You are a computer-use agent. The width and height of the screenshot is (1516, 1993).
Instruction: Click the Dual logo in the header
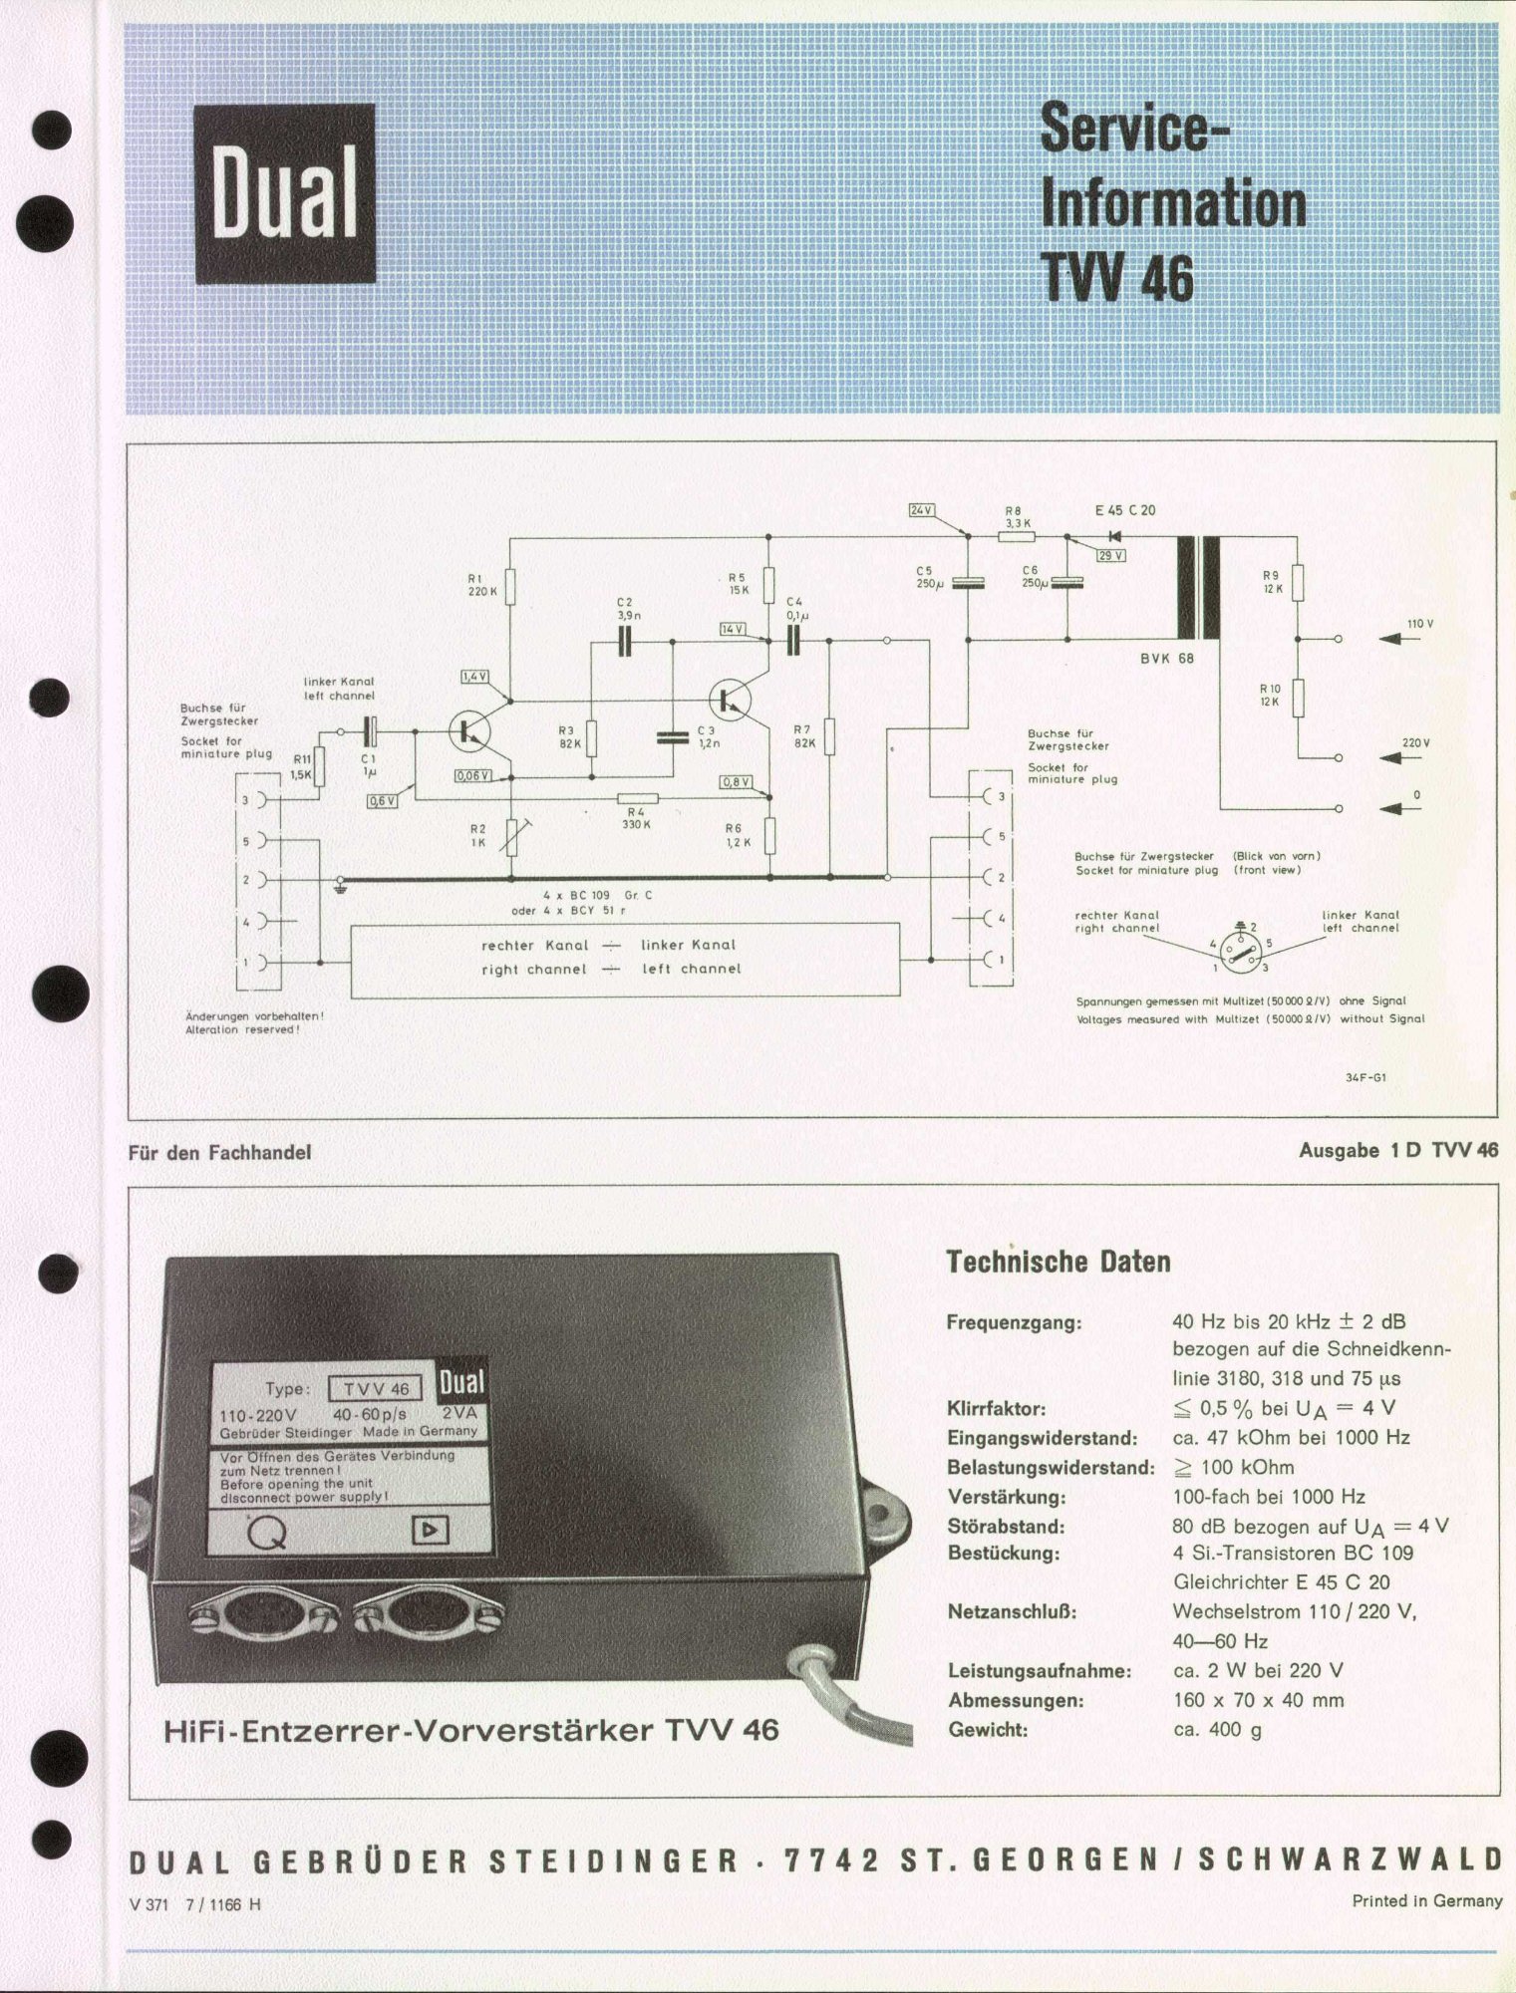pyautogui.click(x=284, y=193)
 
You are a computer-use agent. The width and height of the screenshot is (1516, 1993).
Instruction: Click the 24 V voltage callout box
pyautogui.click(x=922, y=510)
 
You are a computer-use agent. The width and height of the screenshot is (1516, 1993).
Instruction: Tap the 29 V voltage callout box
pyautogui.click(x=1110, y=555)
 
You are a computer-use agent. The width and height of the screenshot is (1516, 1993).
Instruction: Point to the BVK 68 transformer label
pyautogui.click(x=1167, y=659)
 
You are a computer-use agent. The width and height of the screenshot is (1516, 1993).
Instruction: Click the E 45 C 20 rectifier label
pyautogui.click(x=1125, y=510)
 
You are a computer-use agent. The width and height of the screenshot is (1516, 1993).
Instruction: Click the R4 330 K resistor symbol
pyautogui.click(x=638, y=797)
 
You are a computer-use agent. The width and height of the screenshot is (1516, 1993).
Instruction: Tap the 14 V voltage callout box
pyautogui.click(x=734, y=629)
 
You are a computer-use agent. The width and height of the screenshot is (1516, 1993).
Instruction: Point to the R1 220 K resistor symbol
pyautogui.click(x=509, y=587)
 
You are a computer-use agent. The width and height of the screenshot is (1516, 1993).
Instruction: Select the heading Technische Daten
pyautogui.click(x=1058, y=1262)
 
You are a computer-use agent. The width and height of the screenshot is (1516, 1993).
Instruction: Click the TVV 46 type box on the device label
pyautogui.click(x=376, y=1388)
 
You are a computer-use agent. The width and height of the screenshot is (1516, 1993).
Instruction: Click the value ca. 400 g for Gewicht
pyautogui.click(x=1218, y=1729)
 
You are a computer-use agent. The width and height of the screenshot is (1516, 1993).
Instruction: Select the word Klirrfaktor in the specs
pyautogui.click(x=997, y=1409)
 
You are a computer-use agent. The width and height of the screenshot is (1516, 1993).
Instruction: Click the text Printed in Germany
pyautogui.click(x=1426, y=1900)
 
